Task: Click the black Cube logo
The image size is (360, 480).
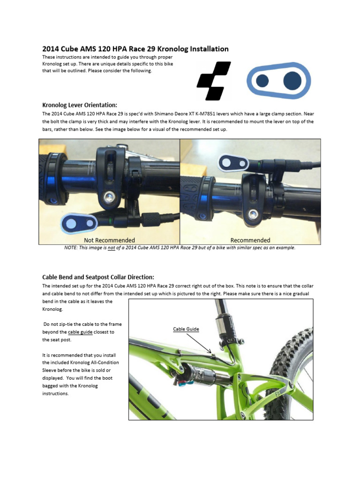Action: [x=214, y=81]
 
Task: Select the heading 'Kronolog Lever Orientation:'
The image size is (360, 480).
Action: [x=80, y=105]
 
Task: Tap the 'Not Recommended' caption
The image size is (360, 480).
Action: [x=109, y=240]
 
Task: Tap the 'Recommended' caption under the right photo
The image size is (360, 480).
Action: [x=250, y=240]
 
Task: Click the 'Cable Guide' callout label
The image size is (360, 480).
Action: [x=186, y=329]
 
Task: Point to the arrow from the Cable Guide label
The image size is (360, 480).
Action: [x=199, y=344]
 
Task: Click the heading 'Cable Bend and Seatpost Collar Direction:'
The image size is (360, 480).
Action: [x=98, y=277]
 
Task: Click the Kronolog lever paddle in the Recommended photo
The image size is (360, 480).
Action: [x=233, y=163]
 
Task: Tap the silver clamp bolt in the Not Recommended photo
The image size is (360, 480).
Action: [x=108, y=197]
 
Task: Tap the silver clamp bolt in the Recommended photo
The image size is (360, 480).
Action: [x=253, y=215]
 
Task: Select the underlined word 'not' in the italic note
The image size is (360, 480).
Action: [x=112, y=247]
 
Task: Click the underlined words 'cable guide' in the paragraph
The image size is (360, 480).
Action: [x=80, y=332]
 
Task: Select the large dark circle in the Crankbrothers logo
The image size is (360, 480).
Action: [x=292, y=81]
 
